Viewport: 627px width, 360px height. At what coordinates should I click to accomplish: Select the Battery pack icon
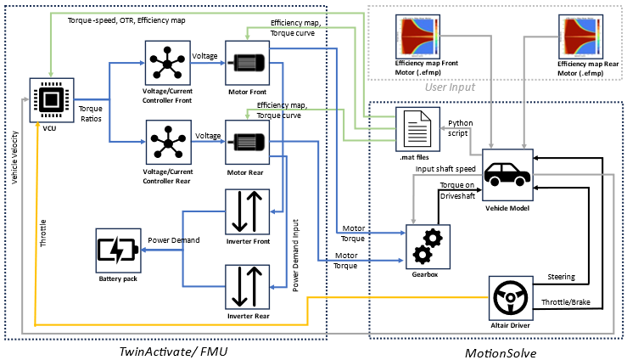(116, 251)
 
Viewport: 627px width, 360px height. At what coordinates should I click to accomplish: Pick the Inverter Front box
(247, 211)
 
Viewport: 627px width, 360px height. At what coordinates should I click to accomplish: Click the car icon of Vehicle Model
(507, 175)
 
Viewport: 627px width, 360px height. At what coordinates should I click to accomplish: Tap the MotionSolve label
(499, 352)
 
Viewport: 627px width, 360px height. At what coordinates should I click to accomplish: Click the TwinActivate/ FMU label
(168, 350)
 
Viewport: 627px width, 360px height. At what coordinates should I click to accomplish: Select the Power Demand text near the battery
(174, 240)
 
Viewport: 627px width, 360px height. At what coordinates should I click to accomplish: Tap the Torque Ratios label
(91, 114)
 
